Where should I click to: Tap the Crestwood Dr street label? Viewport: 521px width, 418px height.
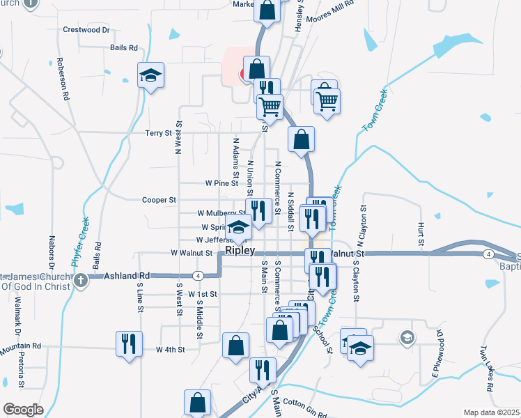coord(87,30)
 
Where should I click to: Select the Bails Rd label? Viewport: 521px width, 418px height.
coord(124,48)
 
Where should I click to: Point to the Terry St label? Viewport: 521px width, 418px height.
coord(158,133)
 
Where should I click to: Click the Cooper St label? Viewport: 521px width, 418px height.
coord(160,200)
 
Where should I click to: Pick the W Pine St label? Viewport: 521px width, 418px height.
coord(221,183)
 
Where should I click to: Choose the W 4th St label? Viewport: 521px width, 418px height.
coord(170,349)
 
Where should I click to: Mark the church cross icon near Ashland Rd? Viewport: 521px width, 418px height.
coord(81,280)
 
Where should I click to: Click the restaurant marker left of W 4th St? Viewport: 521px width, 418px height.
coord(129,343)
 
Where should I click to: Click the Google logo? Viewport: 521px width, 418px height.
coord(22,410)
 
